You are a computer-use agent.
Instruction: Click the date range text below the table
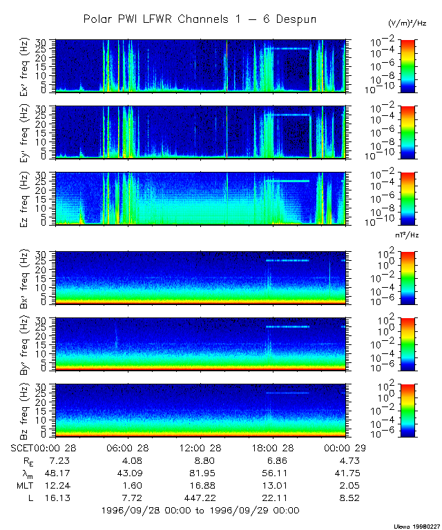click(x=200, y=510)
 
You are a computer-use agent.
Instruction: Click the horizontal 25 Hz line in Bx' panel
click(x=288, y=261)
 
